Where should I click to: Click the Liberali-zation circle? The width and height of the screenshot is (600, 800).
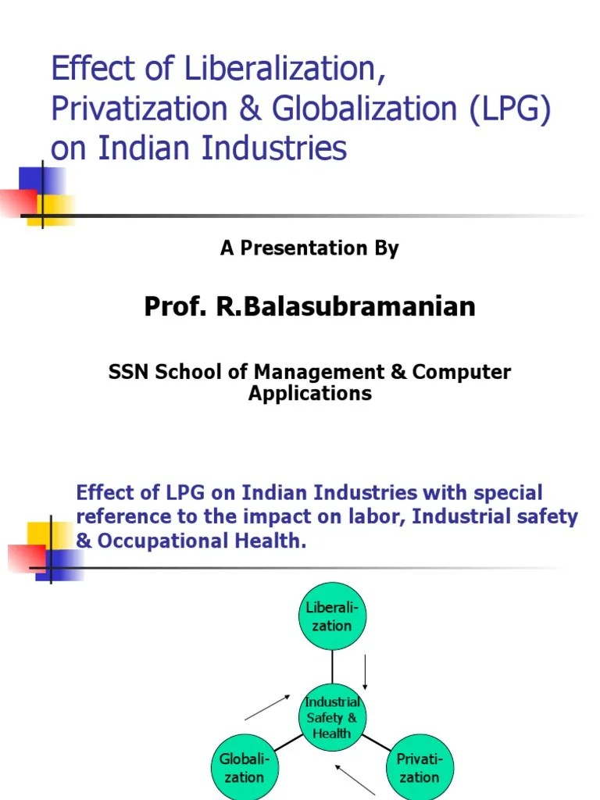pyautogui.click(x=333, y=617)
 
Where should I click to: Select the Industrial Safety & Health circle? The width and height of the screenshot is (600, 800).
pyautogui.click(x=333, y=717)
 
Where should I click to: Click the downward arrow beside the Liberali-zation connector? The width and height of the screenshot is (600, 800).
pyautogui.click(x=365, y=672)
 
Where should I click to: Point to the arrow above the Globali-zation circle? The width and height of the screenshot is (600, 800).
pyautogui.click(x=268, y=708)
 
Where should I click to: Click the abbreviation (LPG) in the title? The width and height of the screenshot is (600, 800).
pyautogui.click(x=509, y=109)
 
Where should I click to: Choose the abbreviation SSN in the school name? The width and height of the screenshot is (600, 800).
pyautogui.click(x=129, y=372)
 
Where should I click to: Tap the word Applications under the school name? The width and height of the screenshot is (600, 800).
pyautogui.click(x=310, y=393)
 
